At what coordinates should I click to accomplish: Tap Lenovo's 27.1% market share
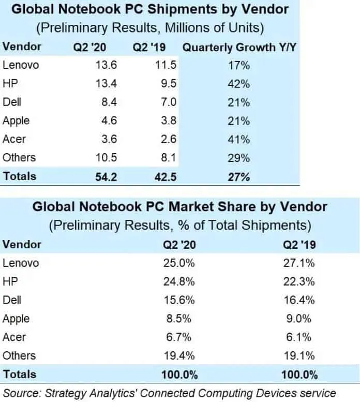[297, 263]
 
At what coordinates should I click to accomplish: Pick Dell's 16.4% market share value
[297, 300]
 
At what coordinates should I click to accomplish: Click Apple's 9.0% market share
[299, 319]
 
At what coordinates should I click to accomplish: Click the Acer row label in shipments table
[14, 139]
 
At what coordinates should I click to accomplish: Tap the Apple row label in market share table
[16, 319]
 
